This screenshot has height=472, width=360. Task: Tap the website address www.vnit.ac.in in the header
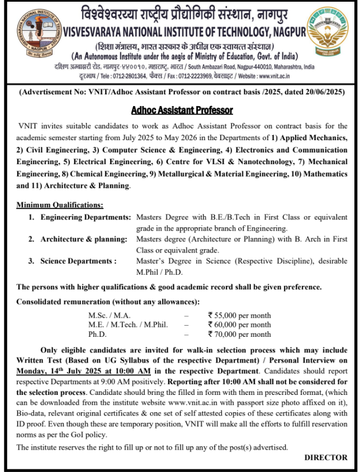tap(274, 76)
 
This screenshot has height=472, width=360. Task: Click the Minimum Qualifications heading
tap(60, 206)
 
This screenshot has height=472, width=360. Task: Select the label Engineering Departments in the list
tap(86, 217)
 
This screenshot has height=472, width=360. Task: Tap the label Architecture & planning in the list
tap(84, 239)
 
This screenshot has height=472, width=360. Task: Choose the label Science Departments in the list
tap(78, 261)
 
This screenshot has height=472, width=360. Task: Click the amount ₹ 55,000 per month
tap(239, 316)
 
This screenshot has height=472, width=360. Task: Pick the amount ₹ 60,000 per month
tap(239, 325)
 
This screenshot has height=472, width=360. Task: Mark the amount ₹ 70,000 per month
tap(239, 334)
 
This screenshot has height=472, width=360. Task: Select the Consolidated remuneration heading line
tap(107, 302)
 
